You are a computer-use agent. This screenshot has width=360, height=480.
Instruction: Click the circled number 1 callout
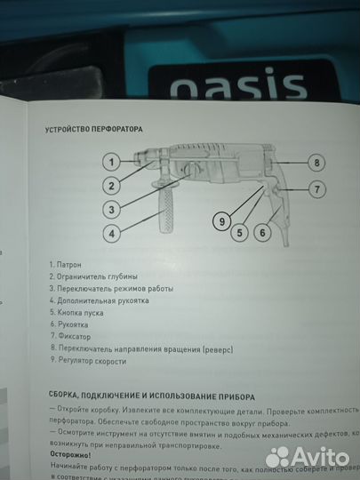(109, 162)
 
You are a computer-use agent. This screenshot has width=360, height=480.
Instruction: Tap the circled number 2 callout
(109, 186)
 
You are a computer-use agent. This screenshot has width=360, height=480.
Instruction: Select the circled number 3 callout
(109, 210)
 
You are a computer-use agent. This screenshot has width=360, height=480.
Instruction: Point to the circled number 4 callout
(109, 234)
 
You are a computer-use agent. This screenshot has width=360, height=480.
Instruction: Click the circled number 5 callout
(239, 233)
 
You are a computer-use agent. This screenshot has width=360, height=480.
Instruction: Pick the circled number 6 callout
(263, 233)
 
